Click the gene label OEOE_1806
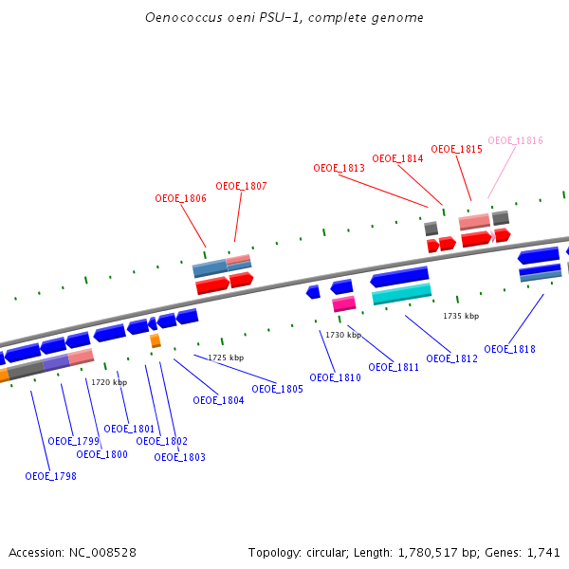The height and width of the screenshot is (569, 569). [x=180, y=199]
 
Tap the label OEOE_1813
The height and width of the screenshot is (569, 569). [x=339, y=168]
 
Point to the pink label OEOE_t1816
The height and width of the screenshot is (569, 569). [x=515, y=140]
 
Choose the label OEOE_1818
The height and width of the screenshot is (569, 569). [x=509, y=349]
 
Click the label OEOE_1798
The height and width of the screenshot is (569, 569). [x=50, y=476]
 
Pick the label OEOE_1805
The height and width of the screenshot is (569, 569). [x=277, y=389]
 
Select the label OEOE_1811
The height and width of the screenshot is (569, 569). [x=394, y=367]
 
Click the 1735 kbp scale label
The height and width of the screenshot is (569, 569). [x=461, y=316]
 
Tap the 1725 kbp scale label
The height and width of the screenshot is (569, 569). [x=226, y=358]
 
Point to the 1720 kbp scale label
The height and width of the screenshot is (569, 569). [x=109, y=382]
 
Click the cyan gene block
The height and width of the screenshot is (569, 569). [x=402, y=294]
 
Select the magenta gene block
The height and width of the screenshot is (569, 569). [x=344, y=303]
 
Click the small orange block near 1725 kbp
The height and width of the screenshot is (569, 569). [x=156, y=340]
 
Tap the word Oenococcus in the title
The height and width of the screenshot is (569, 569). [x=177, y=18]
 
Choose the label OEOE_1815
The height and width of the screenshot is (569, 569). [x=456, y=149]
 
